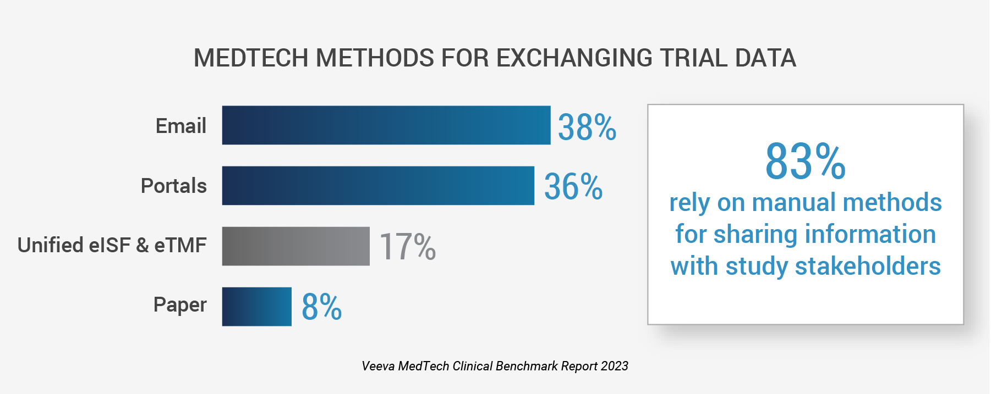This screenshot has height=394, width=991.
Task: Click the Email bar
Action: (386, 125)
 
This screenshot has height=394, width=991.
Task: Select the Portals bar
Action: (378, 186)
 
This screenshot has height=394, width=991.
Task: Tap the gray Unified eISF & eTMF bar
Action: (295, 246)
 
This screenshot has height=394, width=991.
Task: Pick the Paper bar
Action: (256, 307)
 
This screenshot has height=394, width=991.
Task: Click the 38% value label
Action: (587, 127)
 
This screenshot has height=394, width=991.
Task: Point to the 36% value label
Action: (573, 186)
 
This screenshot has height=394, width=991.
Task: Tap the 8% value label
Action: (321, 307)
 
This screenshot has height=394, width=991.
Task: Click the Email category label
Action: (180, 126)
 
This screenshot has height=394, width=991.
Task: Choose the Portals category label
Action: (173, 186)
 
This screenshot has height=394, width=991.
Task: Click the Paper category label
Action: (179, 304)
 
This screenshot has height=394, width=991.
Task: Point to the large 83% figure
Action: (805, 162)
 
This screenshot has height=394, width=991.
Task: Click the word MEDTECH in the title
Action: (251, 58)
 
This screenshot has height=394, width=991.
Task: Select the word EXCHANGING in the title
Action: (574, 58)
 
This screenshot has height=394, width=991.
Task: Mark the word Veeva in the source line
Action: (377, 366)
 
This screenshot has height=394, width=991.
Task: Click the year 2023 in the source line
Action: (614, 366)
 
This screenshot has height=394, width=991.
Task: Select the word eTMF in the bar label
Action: (180, 245)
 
